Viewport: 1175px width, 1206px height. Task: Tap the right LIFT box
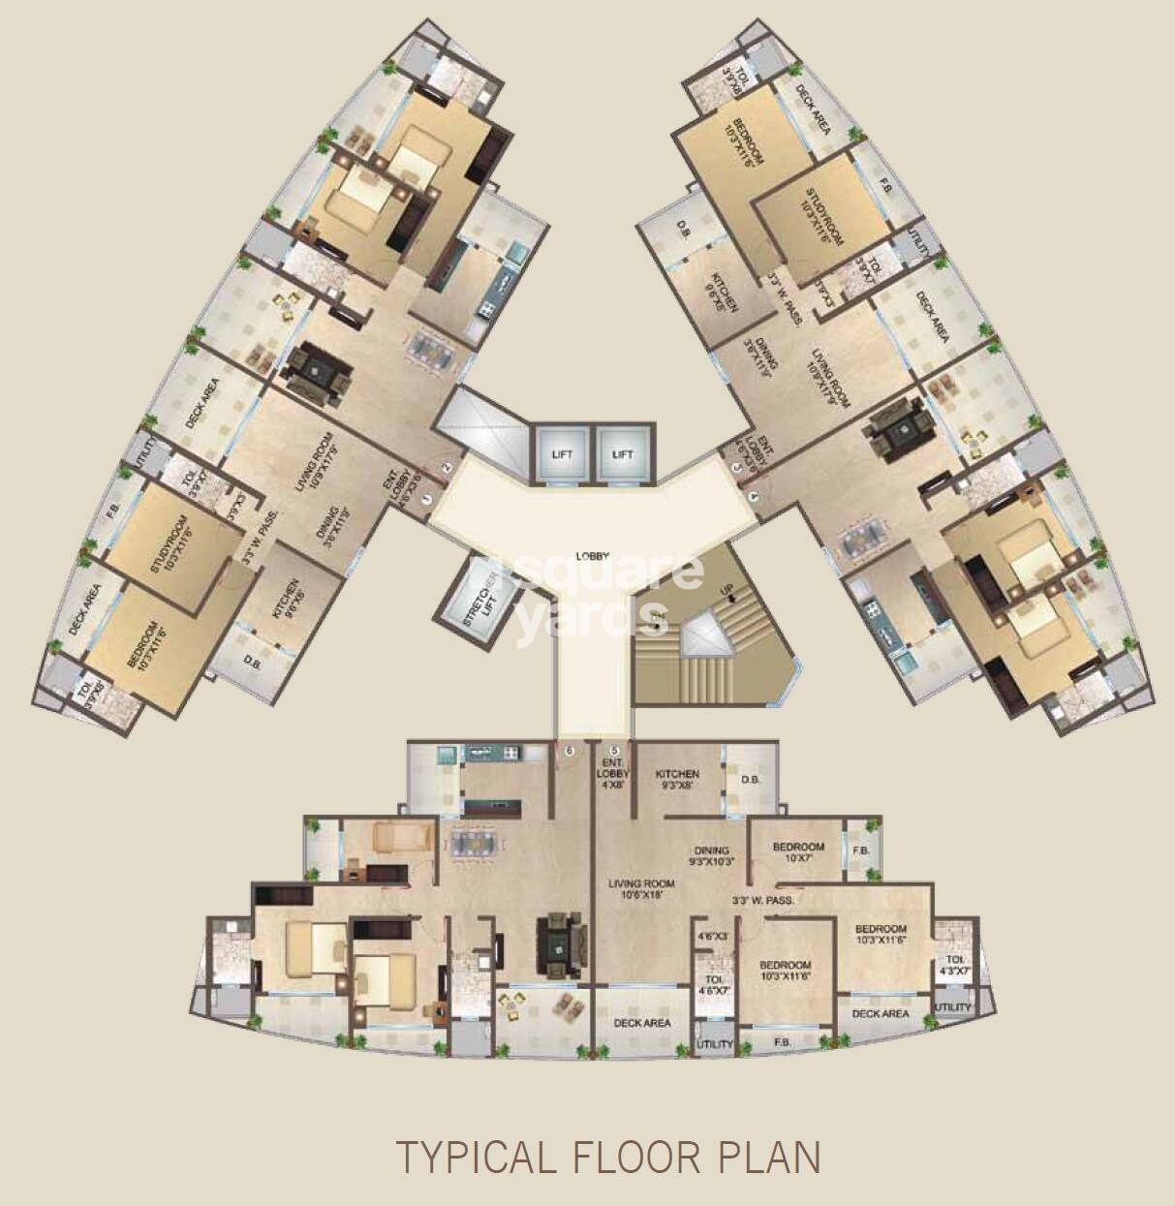(622, 453)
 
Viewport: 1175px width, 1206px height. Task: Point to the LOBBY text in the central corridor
(592, 556)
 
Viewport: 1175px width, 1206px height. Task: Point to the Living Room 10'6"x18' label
(641, 890)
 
